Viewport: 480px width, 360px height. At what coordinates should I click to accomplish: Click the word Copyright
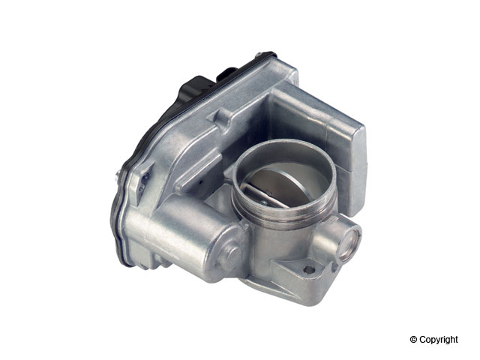tap(439, 340)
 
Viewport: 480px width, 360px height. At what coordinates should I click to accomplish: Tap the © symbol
tap(413, 339)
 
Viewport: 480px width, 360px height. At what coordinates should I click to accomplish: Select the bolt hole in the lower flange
tap(309, 269)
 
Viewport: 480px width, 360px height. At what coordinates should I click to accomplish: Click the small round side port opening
tap(349, 241)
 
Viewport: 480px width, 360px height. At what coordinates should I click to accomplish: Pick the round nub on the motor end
tap(232, 253)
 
